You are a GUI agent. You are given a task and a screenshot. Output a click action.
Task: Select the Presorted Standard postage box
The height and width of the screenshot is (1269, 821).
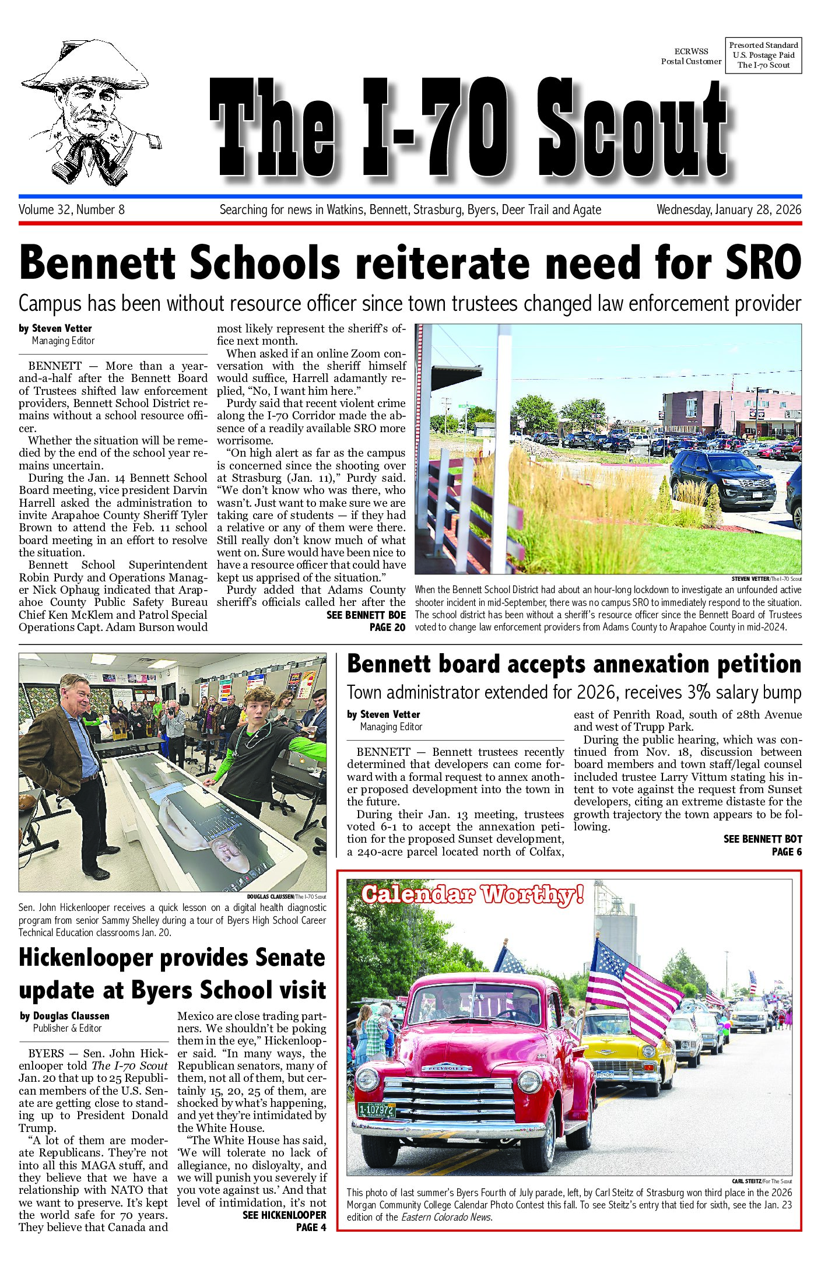(x=763, y=55)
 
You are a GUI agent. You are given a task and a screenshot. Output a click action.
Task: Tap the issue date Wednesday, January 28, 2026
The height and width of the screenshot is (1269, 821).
(x=728, y=210)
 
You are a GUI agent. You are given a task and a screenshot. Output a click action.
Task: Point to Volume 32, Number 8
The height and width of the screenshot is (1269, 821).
(x=72, y=210)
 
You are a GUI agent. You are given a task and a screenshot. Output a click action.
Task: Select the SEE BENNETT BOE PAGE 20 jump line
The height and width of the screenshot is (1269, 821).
(x=366, y=621)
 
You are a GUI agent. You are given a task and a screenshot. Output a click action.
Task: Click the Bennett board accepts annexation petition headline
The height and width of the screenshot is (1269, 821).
(x=574, y=665)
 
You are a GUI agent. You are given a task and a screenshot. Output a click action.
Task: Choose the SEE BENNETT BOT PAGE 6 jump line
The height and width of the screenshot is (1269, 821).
(x=762, y=845)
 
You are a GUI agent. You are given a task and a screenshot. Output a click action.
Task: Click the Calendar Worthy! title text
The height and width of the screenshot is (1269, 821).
(x=472, y=894)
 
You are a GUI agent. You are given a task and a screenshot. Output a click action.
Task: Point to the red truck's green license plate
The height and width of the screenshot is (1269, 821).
(x=376, y=1110)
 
